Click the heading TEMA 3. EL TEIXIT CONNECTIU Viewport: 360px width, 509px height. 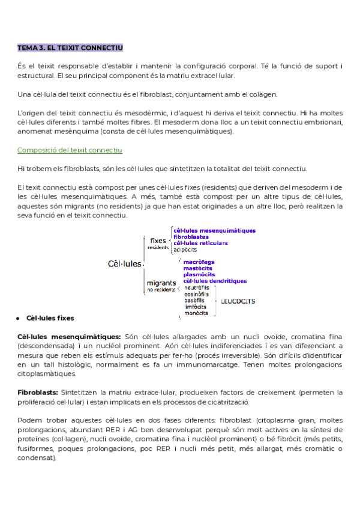coord(70,47)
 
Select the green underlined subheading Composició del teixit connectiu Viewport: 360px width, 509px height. coord(70,149)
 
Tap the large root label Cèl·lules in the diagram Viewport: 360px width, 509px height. coord(125,264)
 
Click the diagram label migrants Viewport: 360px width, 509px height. coord(161,282)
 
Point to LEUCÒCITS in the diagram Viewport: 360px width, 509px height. coord(238,301)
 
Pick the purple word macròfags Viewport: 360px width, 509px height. coord(199,262)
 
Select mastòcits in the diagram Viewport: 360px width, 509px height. coord(197,268)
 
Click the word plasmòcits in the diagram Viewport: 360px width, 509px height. coord(199,274)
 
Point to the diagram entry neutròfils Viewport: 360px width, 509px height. coord(196,288)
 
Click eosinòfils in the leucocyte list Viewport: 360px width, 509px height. coord(196,294)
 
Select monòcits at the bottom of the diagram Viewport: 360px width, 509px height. coord(196,313)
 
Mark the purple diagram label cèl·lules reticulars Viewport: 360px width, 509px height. coord(200,242)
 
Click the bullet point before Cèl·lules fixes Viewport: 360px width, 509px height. coord(20,318)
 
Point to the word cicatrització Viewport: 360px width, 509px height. coord(232,402)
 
